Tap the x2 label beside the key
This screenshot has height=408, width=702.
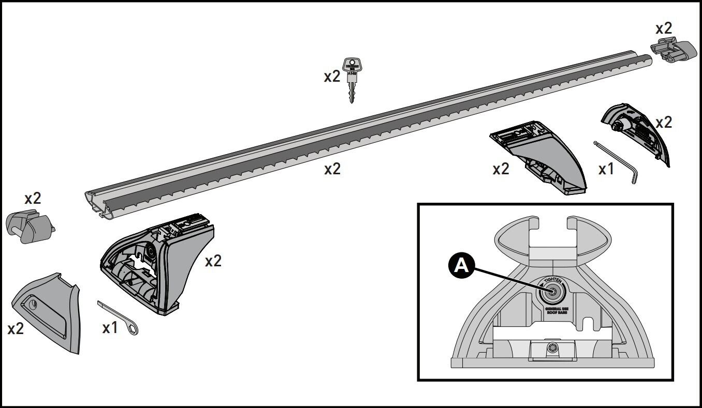[332, 77]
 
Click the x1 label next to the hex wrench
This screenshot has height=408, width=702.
[606, 169]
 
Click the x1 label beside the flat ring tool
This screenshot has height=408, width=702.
[110, 327]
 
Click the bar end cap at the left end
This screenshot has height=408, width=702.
[30, 225]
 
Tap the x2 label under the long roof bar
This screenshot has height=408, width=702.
[332, 169]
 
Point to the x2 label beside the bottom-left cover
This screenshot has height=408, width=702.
[16, 328]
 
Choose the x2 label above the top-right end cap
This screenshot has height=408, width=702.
[663, 28]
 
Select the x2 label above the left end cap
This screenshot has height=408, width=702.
[33, 198]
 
